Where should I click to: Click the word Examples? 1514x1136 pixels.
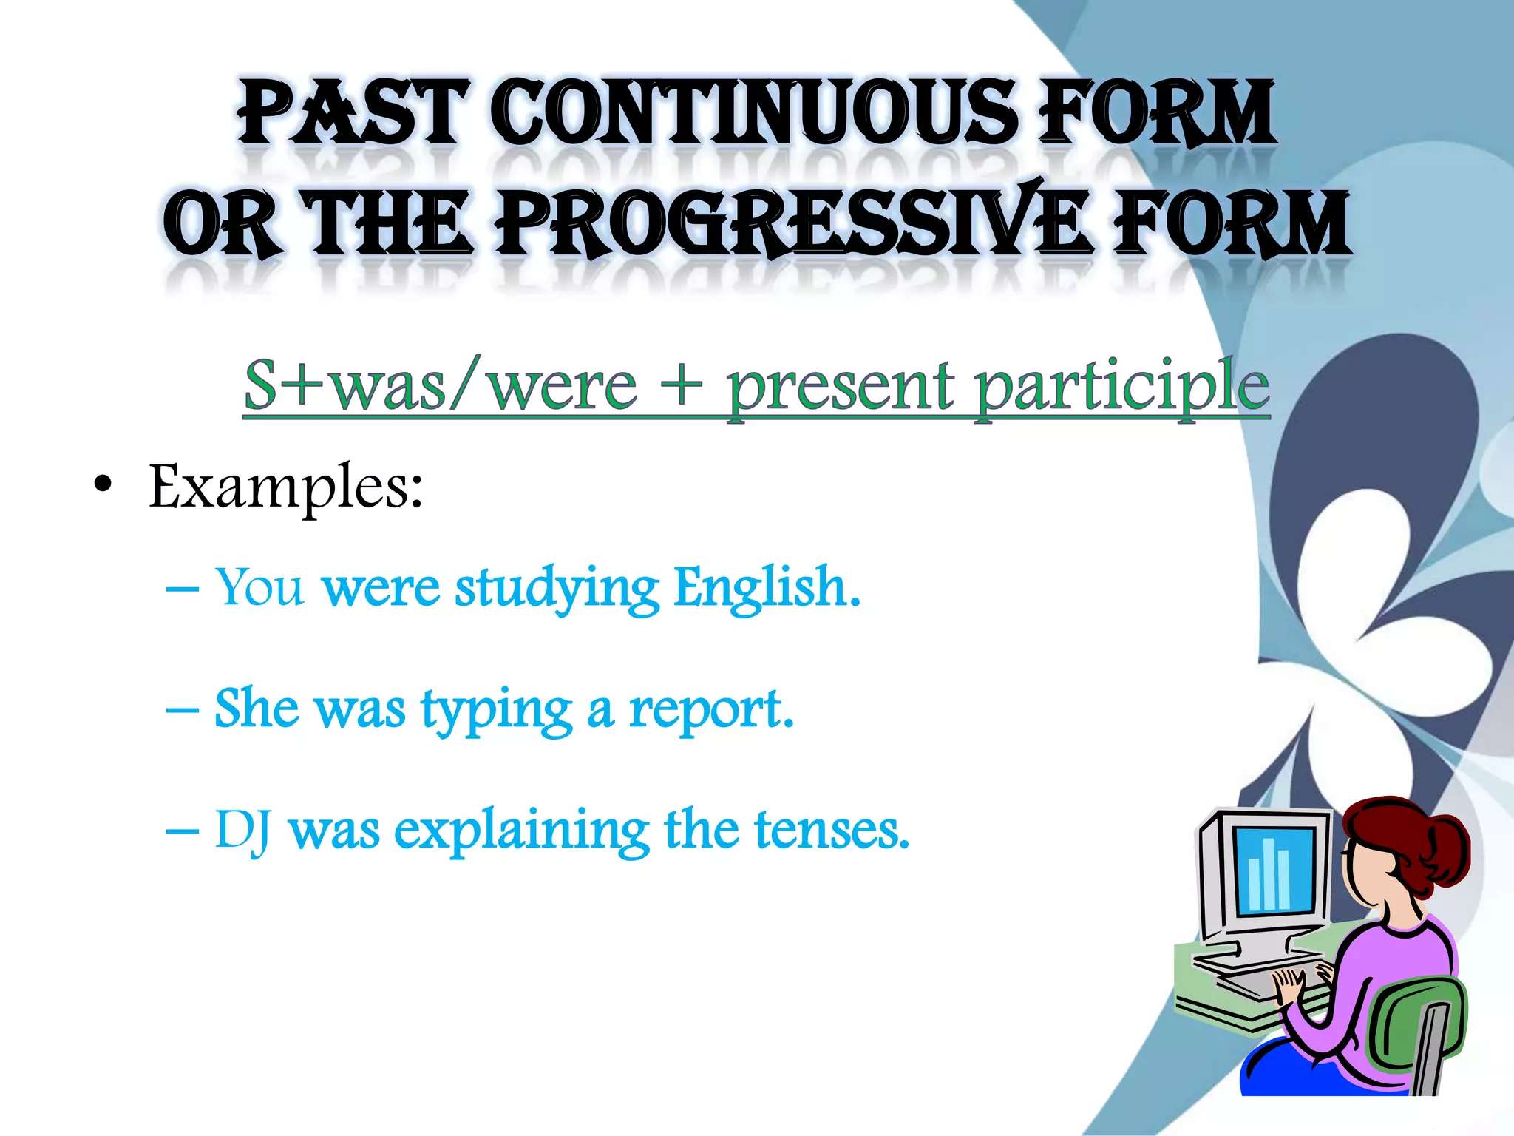pos(285,487)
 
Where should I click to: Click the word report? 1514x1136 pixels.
pos(710,711)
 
